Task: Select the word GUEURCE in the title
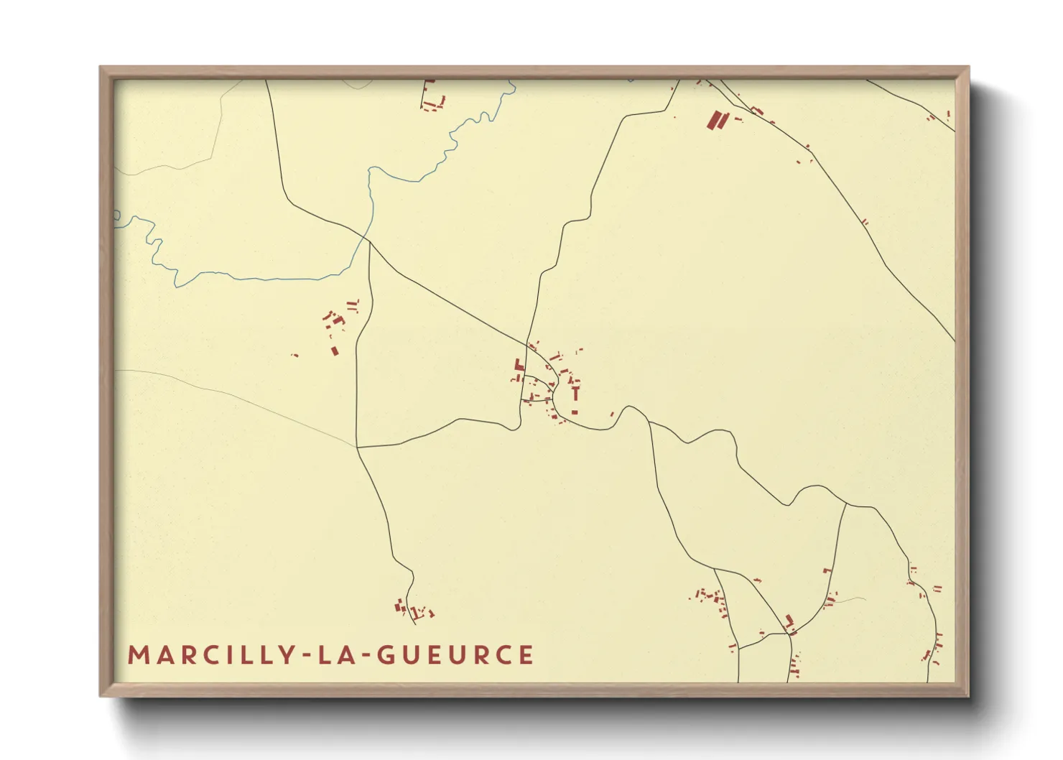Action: tap(455, 655)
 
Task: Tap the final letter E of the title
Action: tap(526, 655)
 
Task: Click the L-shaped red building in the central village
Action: tap(519, 366)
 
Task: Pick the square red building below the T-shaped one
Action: tap(575, 412)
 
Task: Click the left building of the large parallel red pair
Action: tap(713, 120)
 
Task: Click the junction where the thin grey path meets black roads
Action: tap(357, 447)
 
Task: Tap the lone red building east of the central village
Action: tap(612, 414)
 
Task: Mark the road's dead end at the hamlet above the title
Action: tap(407, 605)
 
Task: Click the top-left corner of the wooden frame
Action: tap(101, 68)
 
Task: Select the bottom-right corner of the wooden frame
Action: tap(968, 695)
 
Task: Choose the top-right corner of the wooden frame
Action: tap(968, 68)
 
